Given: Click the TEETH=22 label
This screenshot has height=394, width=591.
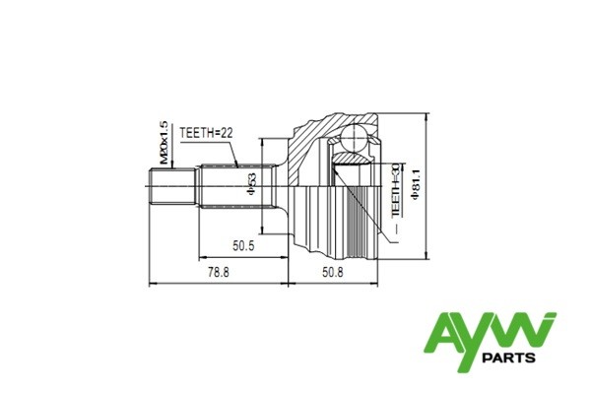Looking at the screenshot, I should [205, 132].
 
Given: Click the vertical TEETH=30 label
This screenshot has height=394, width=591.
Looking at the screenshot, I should [395, 190].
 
